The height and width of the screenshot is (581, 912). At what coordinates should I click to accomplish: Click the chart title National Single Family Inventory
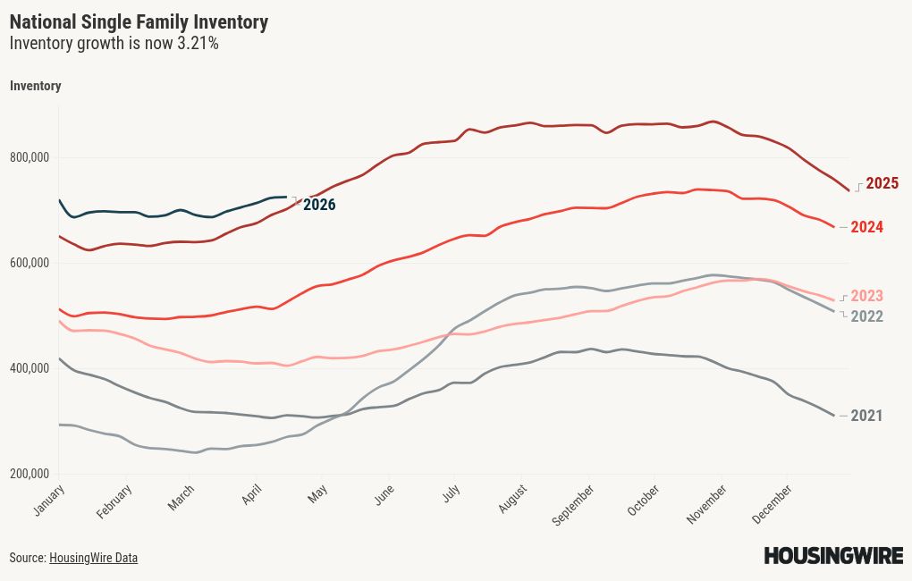(139, 22)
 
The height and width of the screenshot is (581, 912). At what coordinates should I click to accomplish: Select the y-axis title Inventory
(35, 86)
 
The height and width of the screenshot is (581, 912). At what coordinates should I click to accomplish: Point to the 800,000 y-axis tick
(32, 158)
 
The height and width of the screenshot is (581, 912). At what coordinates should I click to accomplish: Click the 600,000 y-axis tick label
(32, 264)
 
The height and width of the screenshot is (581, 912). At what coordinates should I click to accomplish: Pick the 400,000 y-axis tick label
(32, 368)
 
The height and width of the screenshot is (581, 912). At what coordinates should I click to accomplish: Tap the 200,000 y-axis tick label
(32, 474)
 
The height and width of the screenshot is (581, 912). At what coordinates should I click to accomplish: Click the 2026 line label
(319, 205)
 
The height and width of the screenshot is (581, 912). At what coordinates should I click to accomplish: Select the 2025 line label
(882, 183)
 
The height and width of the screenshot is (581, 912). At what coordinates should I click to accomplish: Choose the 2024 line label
(866, 227)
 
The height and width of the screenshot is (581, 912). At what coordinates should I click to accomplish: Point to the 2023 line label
(866, 296)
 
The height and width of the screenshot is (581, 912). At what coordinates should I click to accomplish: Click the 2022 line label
(866, 316)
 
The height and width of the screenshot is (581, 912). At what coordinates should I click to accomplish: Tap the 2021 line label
(866, 416)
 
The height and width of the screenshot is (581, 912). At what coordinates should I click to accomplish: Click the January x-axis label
(50, 500)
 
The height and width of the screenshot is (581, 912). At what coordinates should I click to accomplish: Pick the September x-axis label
(573, 505)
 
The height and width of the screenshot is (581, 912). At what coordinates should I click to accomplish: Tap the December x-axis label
(774, 504)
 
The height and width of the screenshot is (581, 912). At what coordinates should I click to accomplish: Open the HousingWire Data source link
(93, 558)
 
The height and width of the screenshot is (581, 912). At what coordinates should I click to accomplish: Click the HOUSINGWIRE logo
(833, 556)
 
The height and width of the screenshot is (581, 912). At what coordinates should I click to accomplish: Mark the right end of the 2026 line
(286, 197)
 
